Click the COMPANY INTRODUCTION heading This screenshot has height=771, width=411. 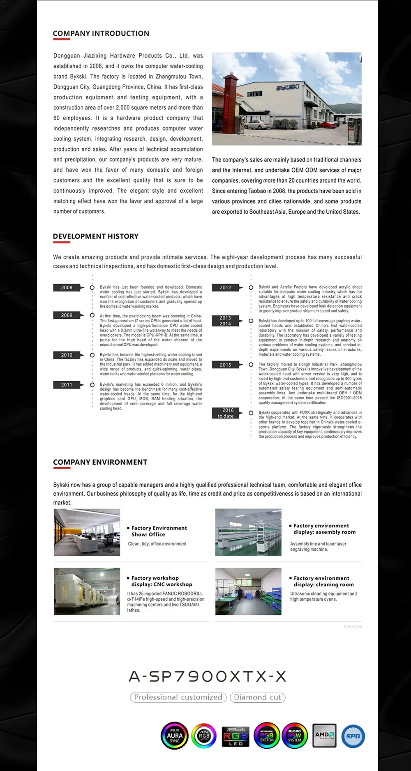(101, 33)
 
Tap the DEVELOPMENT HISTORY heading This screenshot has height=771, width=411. (95, 236)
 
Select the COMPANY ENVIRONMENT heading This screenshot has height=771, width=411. (100, 462)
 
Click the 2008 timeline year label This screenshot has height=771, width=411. (67, 287)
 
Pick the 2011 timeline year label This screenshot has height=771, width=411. (67, 385)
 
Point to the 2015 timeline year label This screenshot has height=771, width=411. (225, 365)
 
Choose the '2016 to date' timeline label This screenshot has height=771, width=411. (225, 413)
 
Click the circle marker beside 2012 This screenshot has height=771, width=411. (251, 287)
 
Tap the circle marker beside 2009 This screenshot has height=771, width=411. (92, 315)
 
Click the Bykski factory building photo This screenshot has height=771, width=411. (286, 99)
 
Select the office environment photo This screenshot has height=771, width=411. (87, 532)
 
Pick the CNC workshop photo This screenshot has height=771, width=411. (87, 592)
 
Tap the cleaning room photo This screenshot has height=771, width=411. (248, 592)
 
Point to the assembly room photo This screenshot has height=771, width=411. (248, 532)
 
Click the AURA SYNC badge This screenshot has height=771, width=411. (175, 736)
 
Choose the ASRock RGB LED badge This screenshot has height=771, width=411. (236, 736)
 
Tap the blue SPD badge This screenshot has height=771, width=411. (353, 736)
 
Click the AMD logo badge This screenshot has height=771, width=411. (325, 736)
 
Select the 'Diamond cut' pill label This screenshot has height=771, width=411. (258, 697)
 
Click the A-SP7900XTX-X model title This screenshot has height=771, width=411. (208, 676)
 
